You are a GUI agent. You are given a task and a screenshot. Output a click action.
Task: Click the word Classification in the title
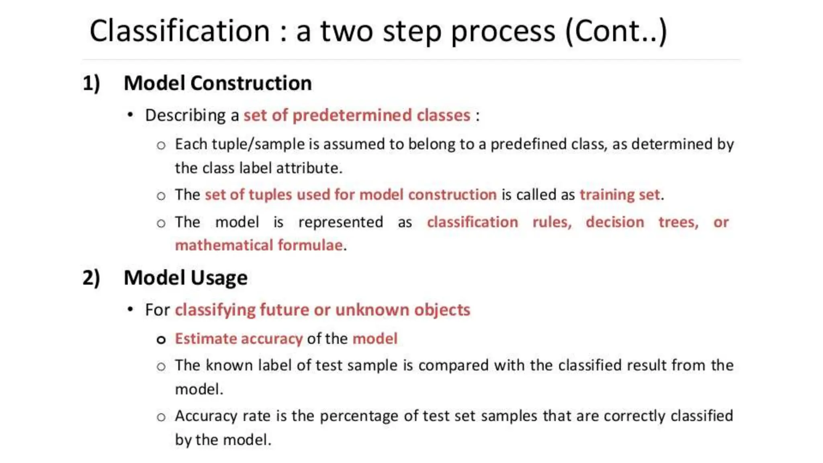179,31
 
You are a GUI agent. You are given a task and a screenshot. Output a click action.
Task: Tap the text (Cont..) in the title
616,31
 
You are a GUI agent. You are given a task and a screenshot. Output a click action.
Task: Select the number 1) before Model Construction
91,84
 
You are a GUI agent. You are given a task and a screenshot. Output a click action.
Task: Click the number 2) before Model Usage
91,278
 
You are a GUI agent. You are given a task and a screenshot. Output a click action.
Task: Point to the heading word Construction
251,83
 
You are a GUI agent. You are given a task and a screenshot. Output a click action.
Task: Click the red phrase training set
620,195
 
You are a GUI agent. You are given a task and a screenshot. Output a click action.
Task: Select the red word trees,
678,222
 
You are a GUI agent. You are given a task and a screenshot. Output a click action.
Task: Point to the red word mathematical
224,245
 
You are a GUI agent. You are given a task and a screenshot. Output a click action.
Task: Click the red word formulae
310,245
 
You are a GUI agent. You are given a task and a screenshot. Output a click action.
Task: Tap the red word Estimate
205,339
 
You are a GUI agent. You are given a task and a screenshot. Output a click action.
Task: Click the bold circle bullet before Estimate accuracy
161,340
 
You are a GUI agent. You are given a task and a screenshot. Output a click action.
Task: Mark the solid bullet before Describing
130,115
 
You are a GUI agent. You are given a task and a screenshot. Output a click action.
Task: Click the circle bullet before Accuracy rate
161,417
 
